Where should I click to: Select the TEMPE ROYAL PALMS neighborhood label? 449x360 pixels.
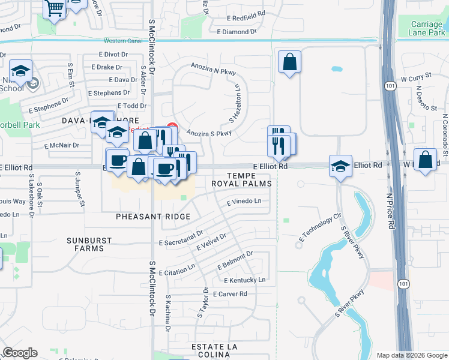(241, 178)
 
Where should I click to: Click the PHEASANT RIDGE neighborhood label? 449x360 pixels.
(153, 216)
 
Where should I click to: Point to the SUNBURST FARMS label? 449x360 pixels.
(89, 244)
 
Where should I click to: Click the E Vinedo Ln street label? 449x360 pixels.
(244, 202)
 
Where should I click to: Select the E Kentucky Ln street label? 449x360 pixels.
(244, 280)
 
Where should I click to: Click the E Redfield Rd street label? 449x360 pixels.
(241, 14)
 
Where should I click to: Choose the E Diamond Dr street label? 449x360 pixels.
(237, 31)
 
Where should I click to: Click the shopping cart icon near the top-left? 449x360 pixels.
(55, 8)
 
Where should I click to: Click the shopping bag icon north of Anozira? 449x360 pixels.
(289, 61)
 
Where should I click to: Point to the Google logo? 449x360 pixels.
(20, 353)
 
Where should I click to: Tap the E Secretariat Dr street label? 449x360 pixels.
(181, 238)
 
